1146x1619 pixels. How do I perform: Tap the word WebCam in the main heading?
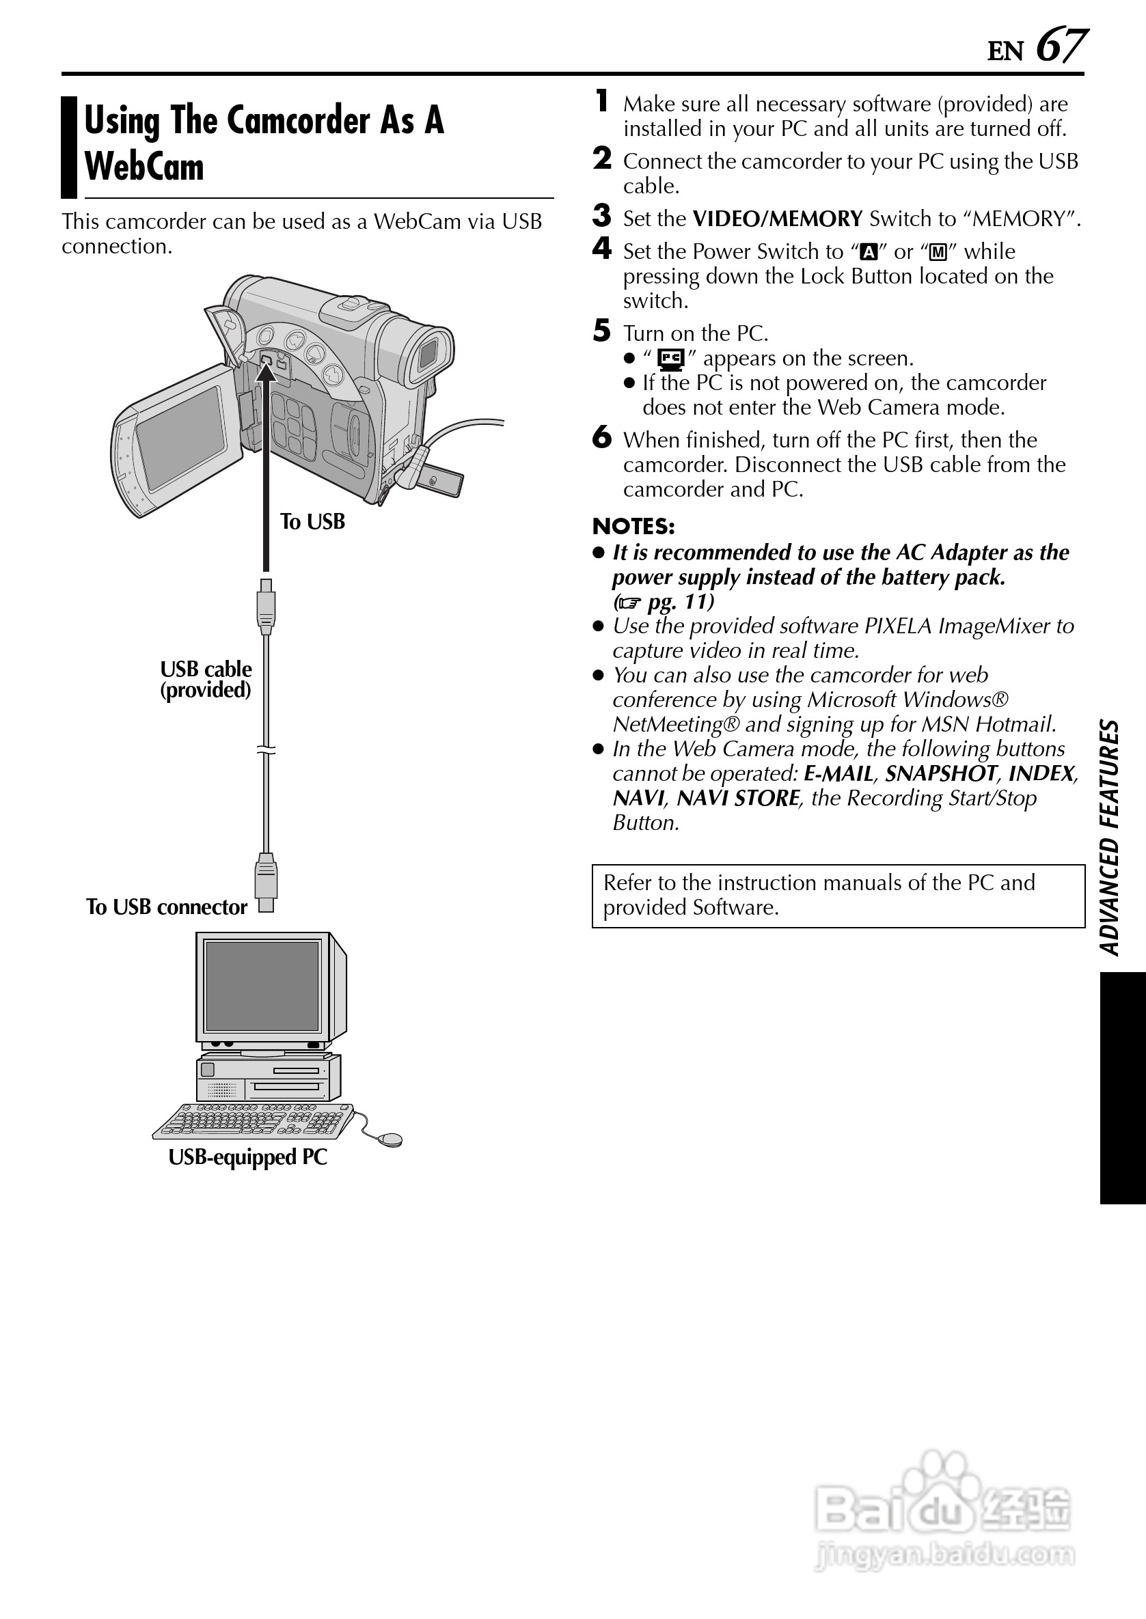coord(144,167)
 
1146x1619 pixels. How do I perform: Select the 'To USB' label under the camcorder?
coord(312,521)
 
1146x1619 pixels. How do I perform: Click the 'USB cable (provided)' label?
coord(205,678)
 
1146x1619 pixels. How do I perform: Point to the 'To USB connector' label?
coord(167,907)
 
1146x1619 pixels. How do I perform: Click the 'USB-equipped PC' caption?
coord(247,1157)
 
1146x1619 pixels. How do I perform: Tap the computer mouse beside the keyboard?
coord(390,1139)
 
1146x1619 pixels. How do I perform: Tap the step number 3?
coord(601,216)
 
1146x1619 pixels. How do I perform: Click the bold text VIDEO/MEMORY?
coord(777,219)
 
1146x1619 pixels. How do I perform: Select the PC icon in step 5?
coord(670,359)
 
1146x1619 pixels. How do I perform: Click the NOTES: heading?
coord(633,526)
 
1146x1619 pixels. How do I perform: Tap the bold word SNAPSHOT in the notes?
coord(941,774)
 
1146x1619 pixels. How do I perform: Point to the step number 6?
coord(601,437)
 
